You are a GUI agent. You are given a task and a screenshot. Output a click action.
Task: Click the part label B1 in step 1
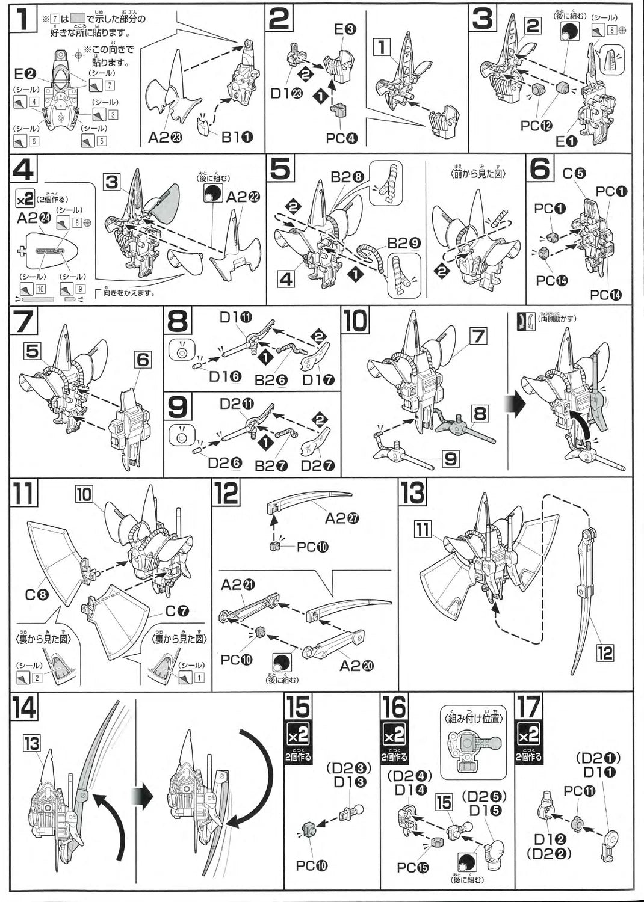pyautogui.click(x=237, y=138)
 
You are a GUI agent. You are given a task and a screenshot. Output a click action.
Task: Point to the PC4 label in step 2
pyautogui.click(x=341, y=138)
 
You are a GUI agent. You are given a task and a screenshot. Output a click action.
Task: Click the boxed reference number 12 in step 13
pyautogui.click(x=604, y=652)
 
